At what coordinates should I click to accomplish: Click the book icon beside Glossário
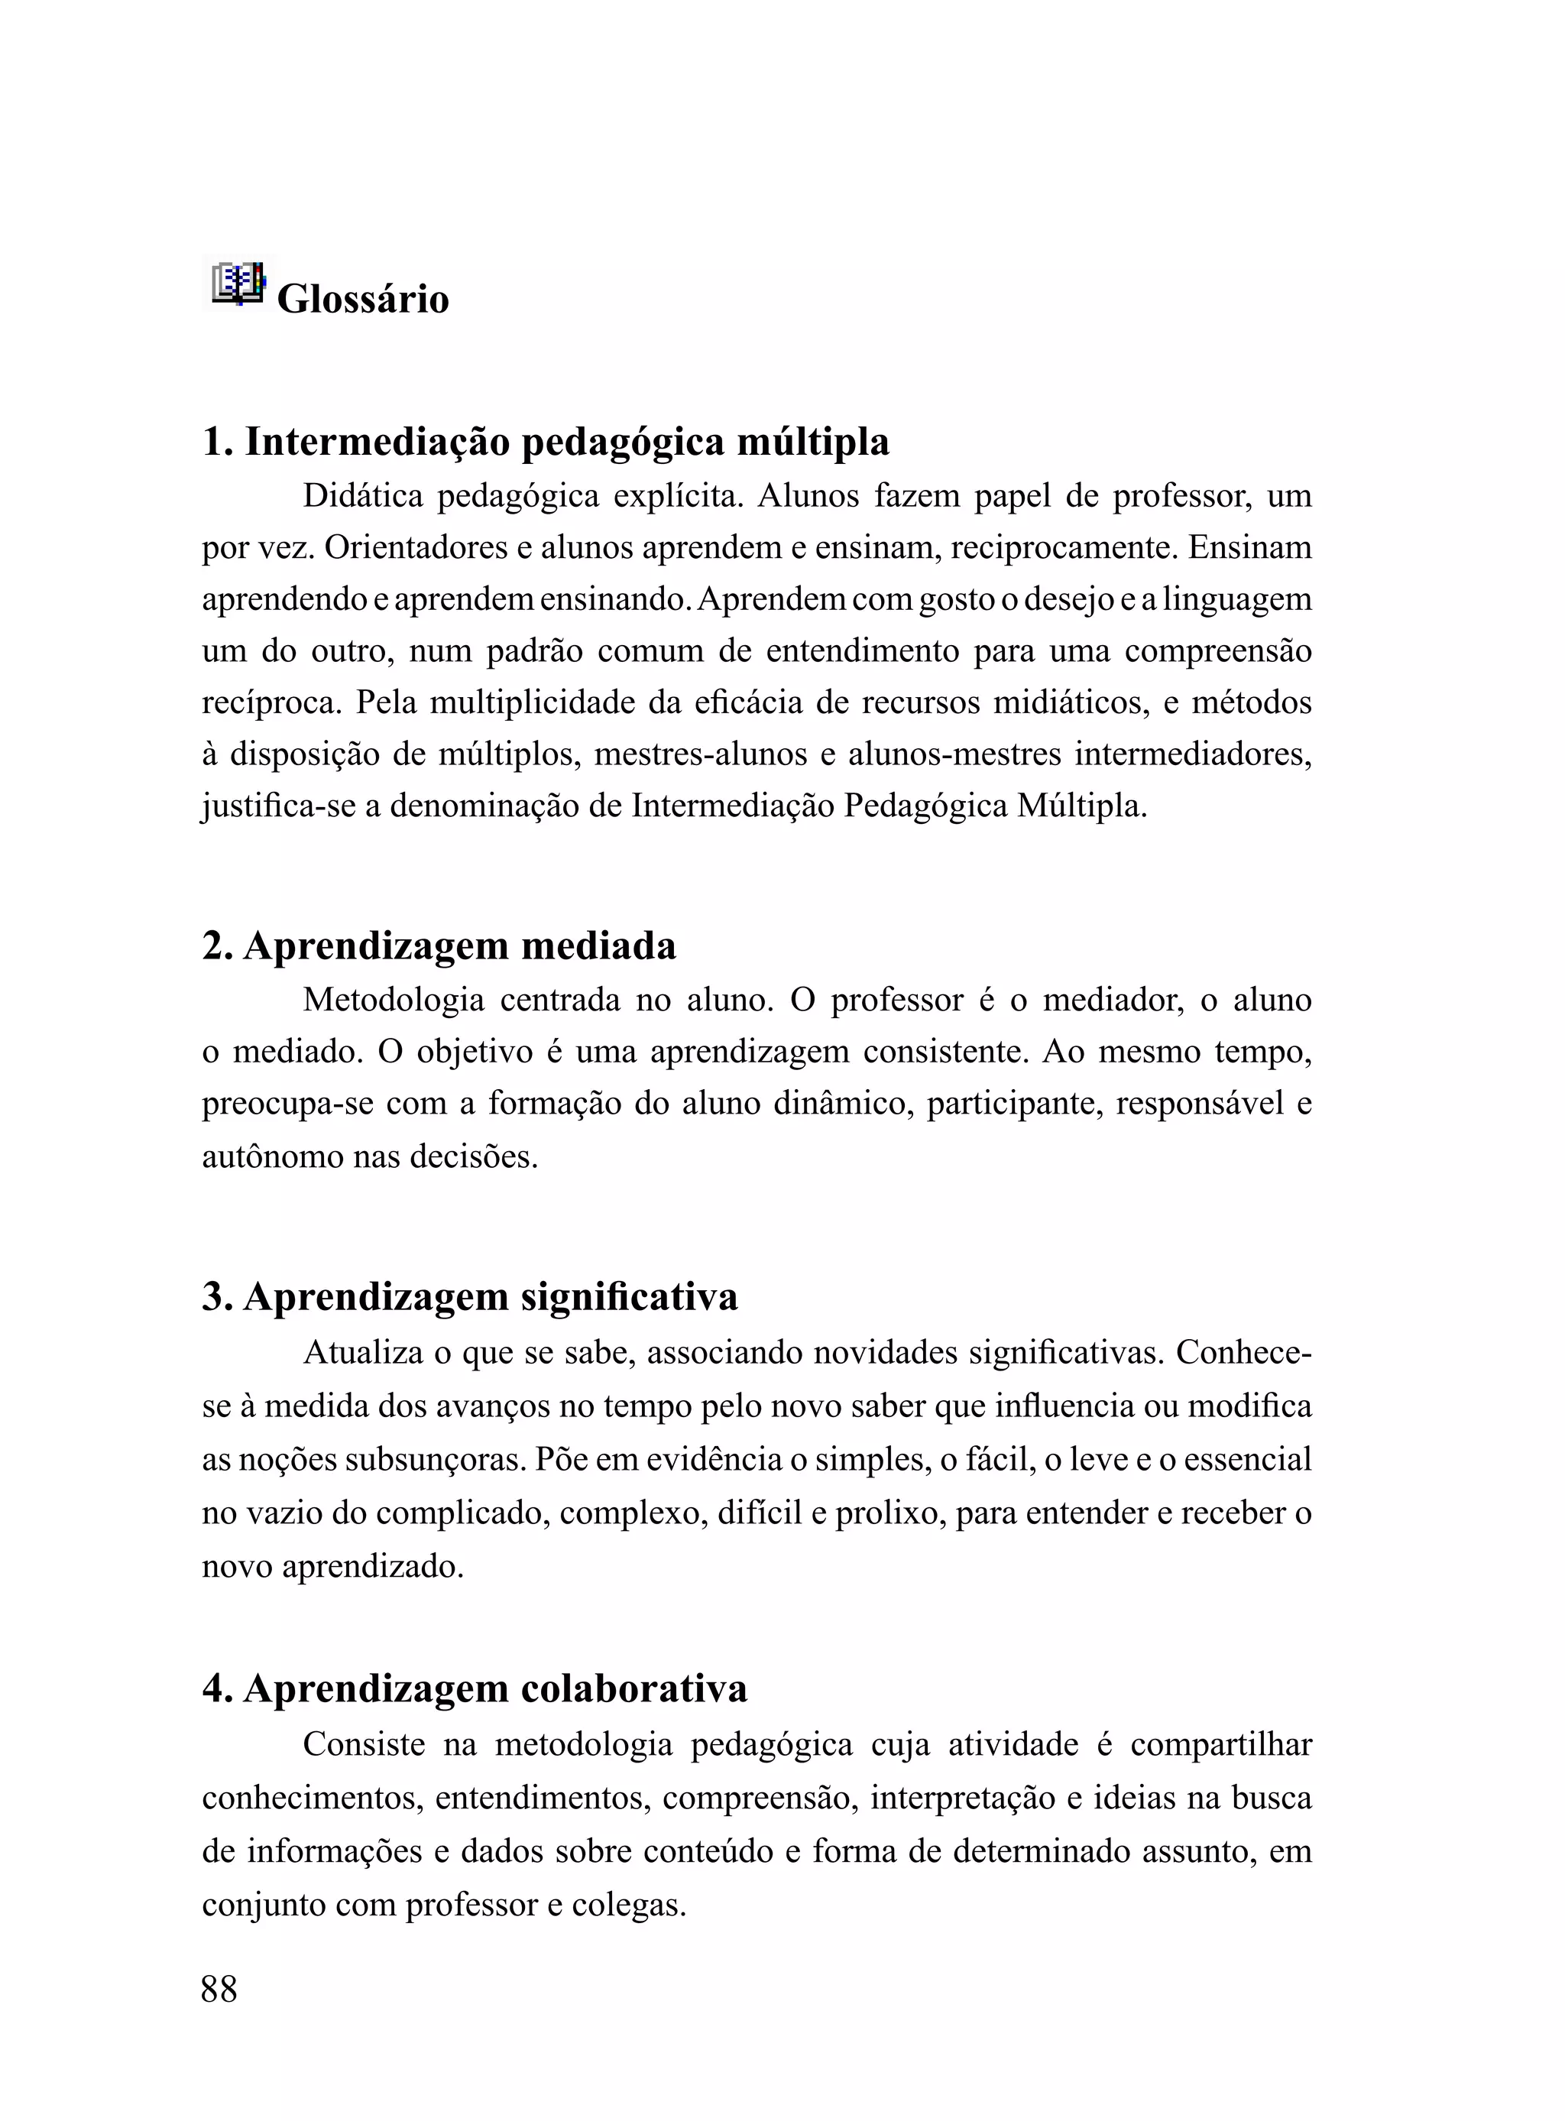tap(238, 284)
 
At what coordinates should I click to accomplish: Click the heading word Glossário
tap(363, 300)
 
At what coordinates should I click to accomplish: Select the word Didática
tap(363, 495)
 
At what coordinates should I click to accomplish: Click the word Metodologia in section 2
tap(394, 1001)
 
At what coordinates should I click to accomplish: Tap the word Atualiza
tap(363, 1353)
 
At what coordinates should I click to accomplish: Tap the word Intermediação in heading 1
tap(378, 442)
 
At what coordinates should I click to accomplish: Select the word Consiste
tap(364, 1744)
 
